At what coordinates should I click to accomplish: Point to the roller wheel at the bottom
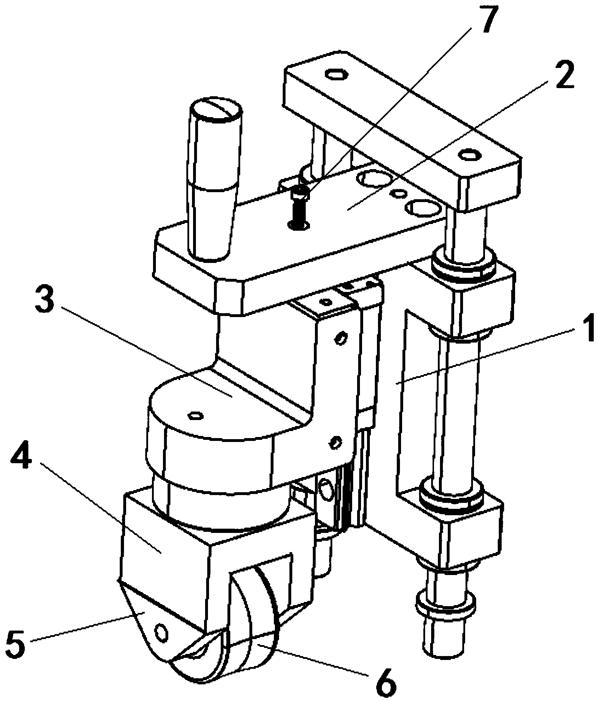click(227, 637)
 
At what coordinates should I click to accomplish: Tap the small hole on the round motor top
click(196, 415)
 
